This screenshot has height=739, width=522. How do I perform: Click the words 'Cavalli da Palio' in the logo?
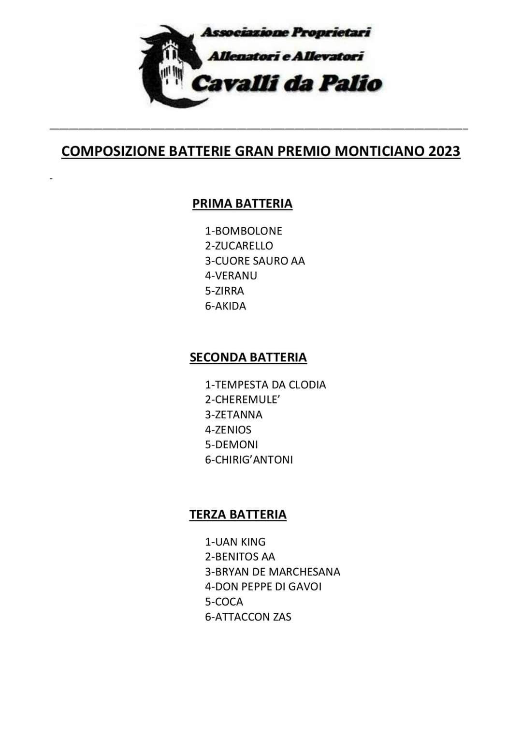pos(286,83)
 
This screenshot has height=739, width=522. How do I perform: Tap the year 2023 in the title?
pos(444,151)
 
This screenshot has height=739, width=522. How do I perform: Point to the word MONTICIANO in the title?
pos(379,151)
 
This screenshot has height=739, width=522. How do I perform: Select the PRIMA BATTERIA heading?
pos(242,204)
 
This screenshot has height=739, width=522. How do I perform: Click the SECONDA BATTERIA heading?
pos(248,357)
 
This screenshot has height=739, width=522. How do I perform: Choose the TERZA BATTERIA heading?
pos(238,515)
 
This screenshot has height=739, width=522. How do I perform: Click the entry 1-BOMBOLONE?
pos(244,231)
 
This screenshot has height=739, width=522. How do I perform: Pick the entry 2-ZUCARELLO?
pos(239,246)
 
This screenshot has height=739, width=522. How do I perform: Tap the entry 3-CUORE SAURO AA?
pos(255,261)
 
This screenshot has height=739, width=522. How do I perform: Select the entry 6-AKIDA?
pos(225,306)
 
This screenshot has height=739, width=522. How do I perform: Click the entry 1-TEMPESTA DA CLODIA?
pos(265,385)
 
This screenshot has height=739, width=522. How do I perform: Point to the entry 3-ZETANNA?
pos(233,415)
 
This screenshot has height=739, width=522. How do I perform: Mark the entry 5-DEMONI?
pos(232,445)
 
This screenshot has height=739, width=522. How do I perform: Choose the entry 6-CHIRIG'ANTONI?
pos(249,460)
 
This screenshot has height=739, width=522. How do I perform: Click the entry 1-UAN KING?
pos(235,542)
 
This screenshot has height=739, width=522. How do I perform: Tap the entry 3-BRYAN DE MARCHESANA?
pos(273,572)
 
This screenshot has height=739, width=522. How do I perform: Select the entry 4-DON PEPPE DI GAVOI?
pos(263,587)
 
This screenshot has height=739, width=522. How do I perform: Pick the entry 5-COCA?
pos(224,602)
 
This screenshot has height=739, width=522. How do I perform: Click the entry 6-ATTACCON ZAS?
pos(248,617)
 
